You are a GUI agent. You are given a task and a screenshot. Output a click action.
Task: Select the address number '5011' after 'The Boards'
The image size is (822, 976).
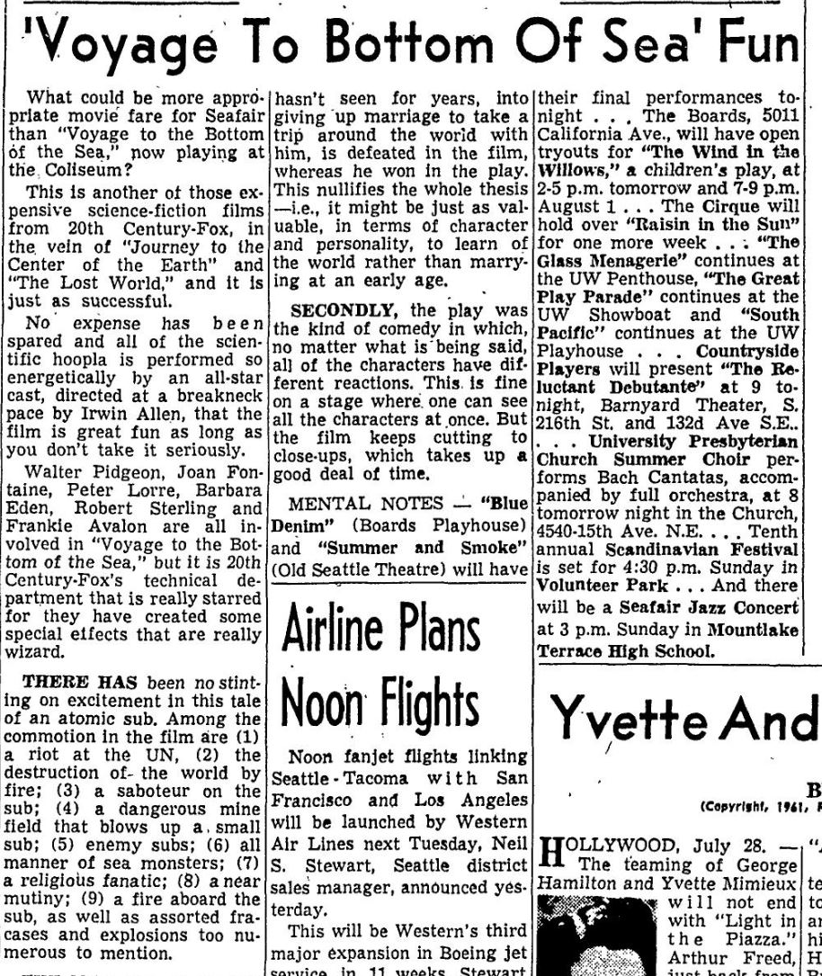pyautogui.click(x=781, y=114)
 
